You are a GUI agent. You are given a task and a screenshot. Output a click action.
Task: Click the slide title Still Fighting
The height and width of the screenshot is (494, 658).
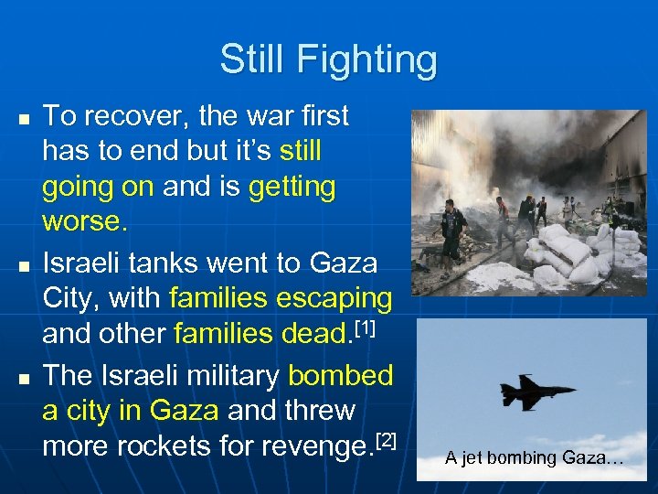pyautogui.click(x=328, y=60)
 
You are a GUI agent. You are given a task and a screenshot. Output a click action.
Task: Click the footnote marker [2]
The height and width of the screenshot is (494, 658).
pyautogui.click(x=387, y=441)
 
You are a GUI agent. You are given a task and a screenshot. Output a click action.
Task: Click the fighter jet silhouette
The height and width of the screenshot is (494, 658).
pyautogui.click(x=537, y=392)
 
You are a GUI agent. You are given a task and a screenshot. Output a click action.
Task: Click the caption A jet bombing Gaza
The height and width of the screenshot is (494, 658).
pyautogui.click(x=535, y=458)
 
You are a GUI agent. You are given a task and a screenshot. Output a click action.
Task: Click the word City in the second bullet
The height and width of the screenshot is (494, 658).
pyautogui.click(x=72, y=298)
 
